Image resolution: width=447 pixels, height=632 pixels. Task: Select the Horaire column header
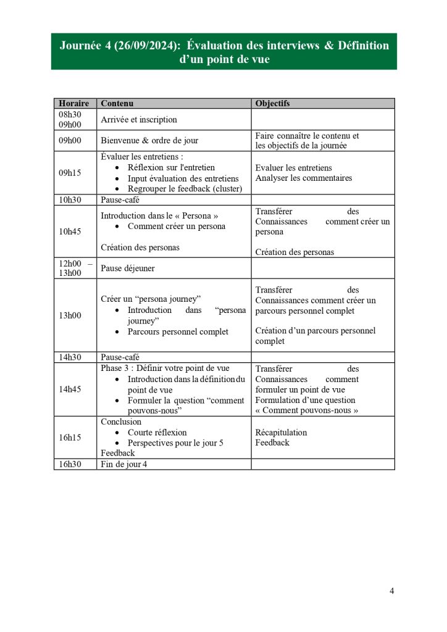click(73, 104)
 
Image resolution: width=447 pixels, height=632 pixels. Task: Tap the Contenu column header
click(117, 104)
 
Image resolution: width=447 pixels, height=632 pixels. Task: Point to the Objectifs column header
click(272, 104)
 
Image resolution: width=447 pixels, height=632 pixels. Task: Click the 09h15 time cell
click(70, 173)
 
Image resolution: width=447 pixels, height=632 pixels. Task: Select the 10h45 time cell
click(70, 231)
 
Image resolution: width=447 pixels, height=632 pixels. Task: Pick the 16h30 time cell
click(70, 464)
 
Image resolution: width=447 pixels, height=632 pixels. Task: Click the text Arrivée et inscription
click(139, 120)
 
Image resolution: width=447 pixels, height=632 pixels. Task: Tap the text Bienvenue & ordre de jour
click(149, 141)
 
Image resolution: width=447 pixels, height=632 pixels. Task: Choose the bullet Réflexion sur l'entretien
click(171, 167)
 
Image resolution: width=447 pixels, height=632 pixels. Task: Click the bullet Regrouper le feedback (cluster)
click(185, 189)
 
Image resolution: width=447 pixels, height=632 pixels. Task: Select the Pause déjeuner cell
click(128, 268)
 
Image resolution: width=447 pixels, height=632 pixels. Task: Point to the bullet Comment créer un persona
click(177, 227)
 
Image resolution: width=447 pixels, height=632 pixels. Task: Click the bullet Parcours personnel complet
click(178, 332)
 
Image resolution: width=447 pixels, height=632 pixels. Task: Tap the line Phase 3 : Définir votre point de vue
click(165, 368)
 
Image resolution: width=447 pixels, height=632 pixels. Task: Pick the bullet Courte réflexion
click(157, 433)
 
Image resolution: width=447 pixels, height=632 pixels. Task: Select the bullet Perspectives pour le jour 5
click(175, 443)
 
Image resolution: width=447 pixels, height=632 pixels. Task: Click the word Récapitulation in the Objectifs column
click(281, 433)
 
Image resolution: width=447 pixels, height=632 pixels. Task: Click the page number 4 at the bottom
click(391, 591)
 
